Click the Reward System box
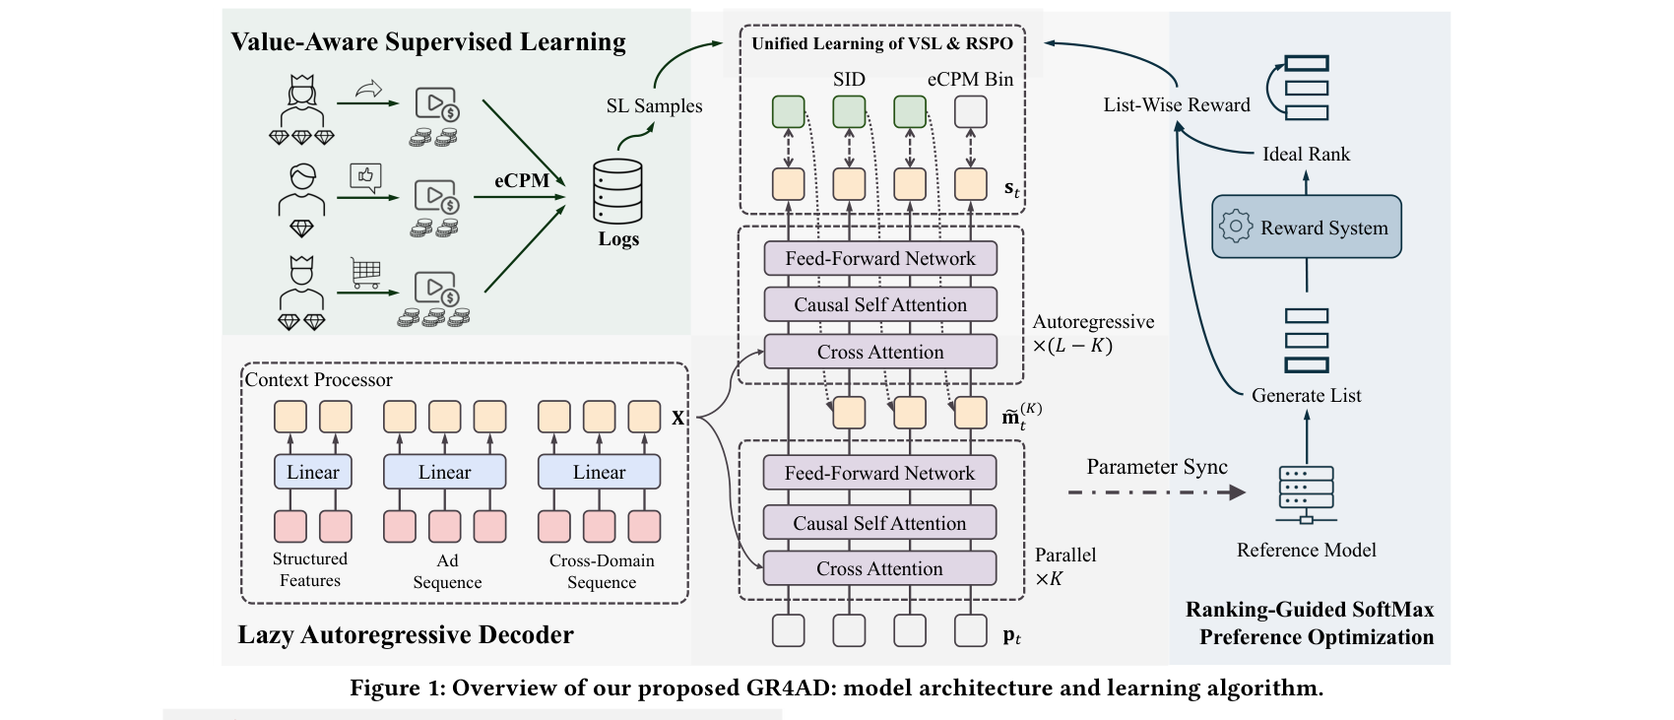[1306, 228]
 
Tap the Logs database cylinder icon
[617, 192]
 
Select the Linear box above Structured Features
[312, 472]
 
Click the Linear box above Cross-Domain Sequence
[599, 472]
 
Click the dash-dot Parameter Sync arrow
[1156, 491]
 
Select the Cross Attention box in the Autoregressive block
[880, 352]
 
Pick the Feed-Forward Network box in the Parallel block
[879, 473]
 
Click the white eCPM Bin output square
[971, 112]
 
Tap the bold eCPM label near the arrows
[521, 180]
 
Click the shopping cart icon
[365, 272]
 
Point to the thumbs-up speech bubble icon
[365, 176]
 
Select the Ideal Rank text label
[1306, 154]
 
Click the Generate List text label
[1306, 395]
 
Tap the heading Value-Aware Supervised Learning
[428, 41]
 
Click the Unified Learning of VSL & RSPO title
[881, 43]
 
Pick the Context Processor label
[318, 380]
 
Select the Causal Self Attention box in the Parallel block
[879, 523]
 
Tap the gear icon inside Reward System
[1235, 227]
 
